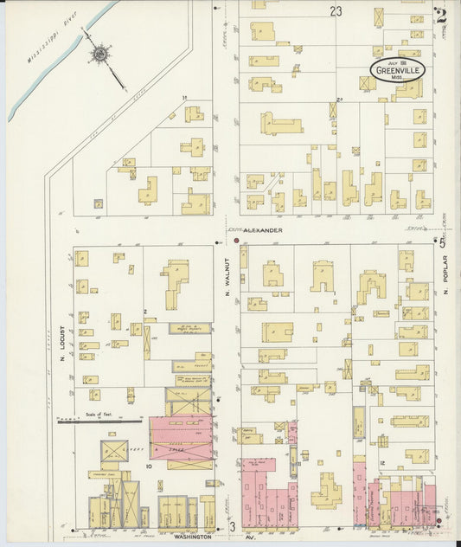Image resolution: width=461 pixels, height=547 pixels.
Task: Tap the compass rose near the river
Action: tap(100, 55)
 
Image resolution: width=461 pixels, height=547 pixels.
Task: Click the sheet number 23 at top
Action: tap(336, 11)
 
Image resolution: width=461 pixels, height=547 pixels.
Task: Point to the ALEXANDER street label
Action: tap(262, 231)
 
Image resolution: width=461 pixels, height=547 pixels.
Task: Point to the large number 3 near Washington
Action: tap(232, 526)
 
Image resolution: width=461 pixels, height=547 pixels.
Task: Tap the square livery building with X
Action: tap(114, 452)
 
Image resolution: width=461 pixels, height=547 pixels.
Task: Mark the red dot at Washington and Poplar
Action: tap(439, 521)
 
